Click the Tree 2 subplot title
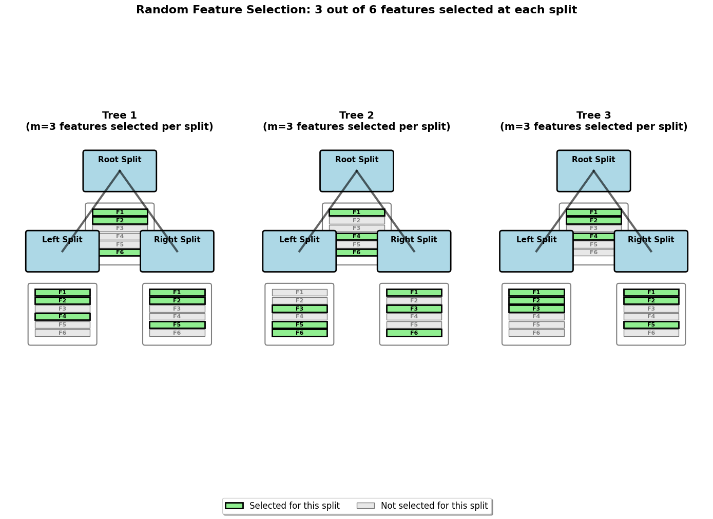click(x=356, y=121)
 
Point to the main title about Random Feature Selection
click(x=356, y=10)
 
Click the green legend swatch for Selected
click(x=234, y=506)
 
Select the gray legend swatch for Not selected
click(x=365, y=506)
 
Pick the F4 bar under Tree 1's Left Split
click(x=62, y=317)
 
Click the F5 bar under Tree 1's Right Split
click(x=177, y=325)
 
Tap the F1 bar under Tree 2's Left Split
click(x=299, y=293)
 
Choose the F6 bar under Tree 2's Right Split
click(x=414, y=333)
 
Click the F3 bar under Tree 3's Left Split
click(x=536, y=309)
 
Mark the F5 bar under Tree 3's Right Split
click(x=651, y=325)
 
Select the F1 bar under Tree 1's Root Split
click(x=120, y=213)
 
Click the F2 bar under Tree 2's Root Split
click(x=357, y=220)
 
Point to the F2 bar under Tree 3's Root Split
click(x=593, y=220)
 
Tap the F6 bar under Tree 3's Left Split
click(x=536, y=333)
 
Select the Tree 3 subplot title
click(x=593, y=121)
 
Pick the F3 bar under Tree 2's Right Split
click(x=414, y=309)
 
